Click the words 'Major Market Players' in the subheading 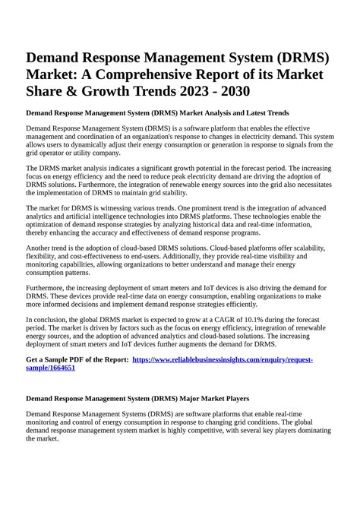pyautogui.click(x=205, y=398)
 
